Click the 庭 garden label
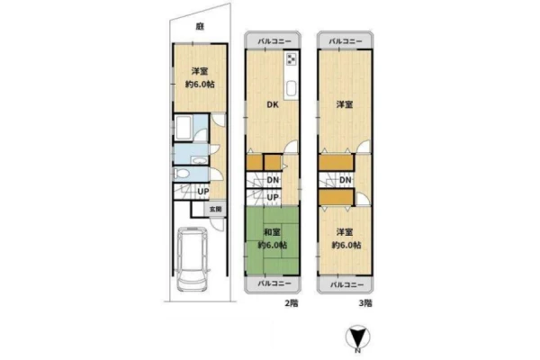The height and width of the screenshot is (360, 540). click(x=200, y=26)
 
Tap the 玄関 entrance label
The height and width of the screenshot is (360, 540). click(x=216, y=209)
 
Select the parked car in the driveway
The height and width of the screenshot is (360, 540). click(x=193, y=259)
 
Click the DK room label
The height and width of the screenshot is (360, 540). click(x=273, y=105)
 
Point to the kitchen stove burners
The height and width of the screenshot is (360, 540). click(x=292, y=59)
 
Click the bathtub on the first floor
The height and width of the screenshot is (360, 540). click(x=183, y=128)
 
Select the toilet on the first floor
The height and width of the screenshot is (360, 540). click(x=182, y=174)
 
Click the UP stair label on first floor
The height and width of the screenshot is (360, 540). click(x=202, y=191)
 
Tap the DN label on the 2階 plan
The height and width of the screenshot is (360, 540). click(x=273, y=180)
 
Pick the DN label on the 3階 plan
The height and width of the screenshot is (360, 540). click(x=346, y=180)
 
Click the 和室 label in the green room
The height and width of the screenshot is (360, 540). click(x=272, y=232)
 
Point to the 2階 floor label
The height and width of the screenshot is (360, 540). click(x=292, y=303)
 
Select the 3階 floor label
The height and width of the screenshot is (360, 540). click(x=365, y=303)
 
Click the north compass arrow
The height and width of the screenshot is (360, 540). click(x=358, y=337)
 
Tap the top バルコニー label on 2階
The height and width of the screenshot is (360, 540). click(x=274, y=41)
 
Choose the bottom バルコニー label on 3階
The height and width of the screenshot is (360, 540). click(x=347, y=285)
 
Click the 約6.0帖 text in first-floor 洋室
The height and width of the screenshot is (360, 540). click(x=200, y=84)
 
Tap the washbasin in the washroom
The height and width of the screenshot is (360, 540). click(x=199, y=160)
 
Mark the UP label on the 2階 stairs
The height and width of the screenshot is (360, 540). click(x=273, y=197)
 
